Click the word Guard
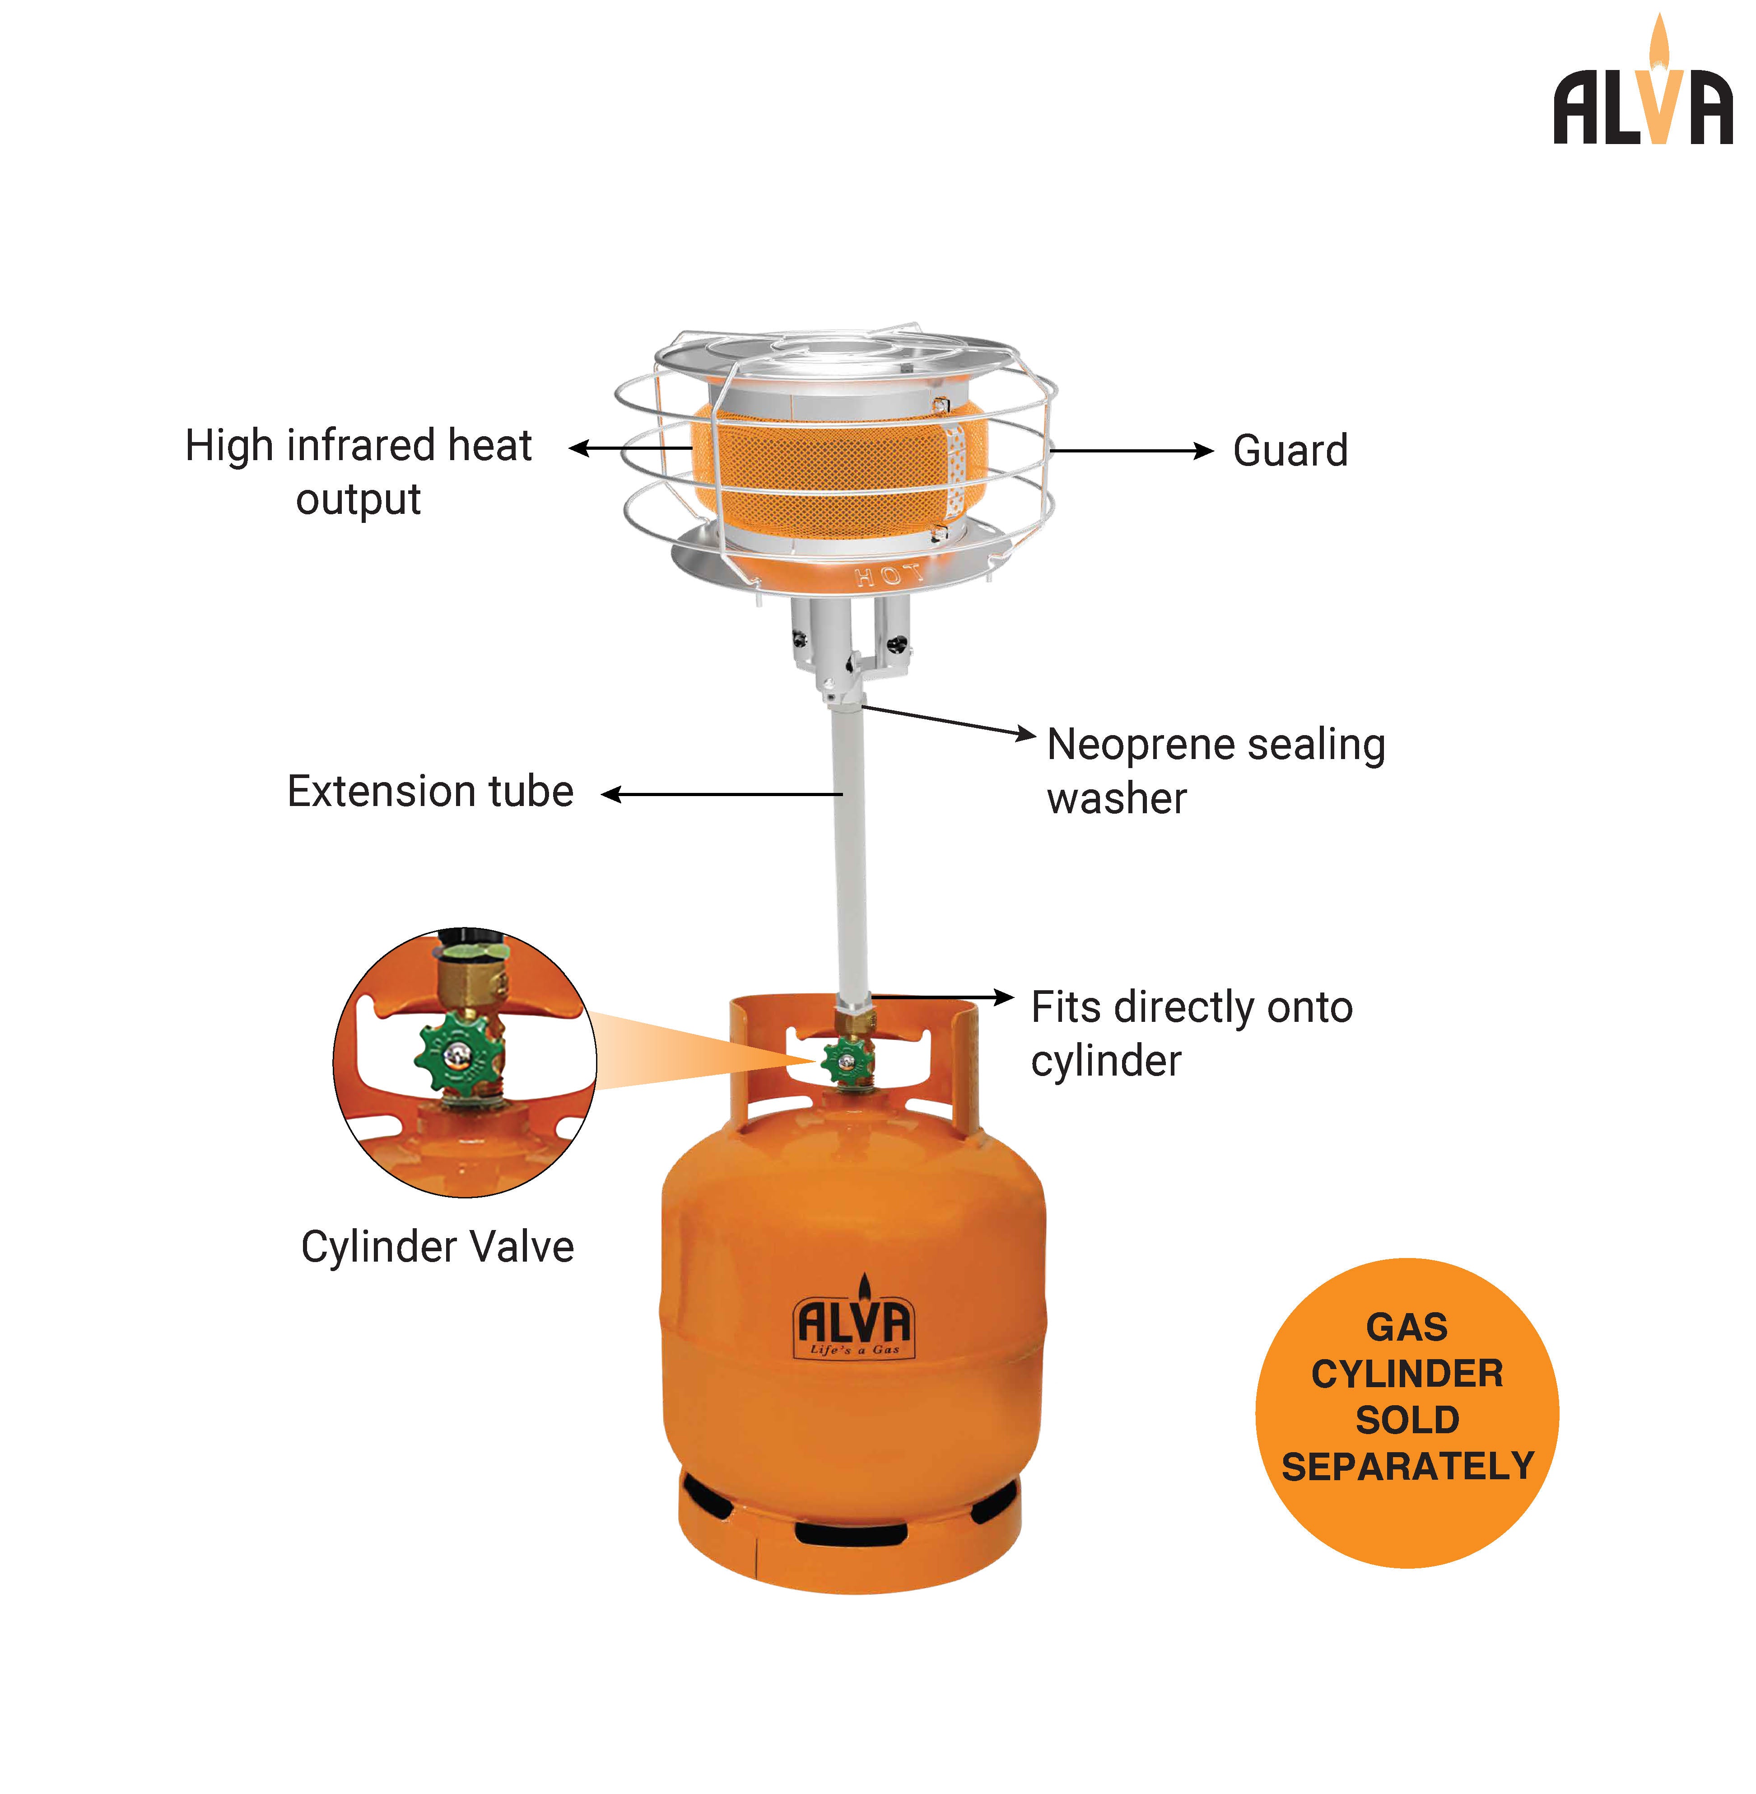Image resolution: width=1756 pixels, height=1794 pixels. click(1289, 451)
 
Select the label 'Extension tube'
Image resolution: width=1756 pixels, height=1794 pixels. click(430, 792)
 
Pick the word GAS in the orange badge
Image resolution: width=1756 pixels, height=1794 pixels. click(1407, 1327)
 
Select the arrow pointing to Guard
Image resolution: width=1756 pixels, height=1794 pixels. click(1130, 451)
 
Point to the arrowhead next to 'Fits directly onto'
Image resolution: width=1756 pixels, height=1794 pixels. click(1003, 997)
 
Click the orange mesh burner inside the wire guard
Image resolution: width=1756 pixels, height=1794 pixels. click(821, 466)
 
